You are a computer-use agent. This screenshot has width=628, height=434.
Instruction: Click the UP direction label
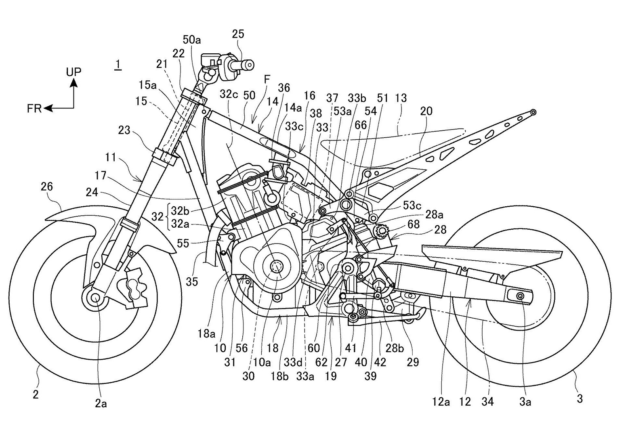[x=74, y=72]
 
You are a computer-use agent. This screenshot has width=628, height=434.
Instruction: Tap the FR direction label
[x=34, y=108]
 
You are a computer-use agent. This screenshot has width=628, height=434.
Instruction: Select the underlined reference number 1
[x=118, y=64]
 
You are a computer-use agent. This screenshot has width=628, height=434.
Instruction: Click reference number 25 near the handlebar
[x=238, y=34]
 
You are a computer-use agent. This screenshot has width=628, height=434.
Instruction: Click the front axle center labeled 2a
[x=96, y=298]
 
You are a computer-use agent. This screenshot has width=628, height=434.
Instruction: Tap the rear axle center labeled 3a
[x=520, y=297]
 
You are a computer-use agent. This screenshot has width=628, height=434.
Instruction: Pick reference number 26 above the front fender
[x=47, y=187]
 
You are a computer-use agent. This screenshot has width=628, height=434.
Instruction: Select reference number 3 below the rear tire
[x=580, y=399]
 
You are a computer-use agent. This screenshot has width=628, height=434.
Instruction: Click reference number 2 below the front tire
[x=36, y=394]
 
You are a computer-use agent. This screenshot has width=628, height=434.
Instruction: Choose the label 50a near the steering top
[x=192, y=40]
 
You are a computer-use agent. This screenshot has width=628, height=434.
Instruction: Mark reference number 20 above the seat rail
[x=426, y=111]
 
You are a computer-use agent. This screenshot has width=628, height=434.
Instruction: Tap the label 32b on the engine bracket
[x=180, y=210]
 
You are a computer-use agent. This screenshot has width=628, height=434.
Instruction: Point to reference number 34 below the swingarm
[x=487, y=401]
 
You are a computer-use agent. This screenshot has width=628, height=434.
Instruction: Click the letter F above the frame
[x=267, y=80]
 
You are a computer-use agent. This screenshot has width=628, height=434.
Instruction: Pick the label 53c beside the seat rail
[x=412, y=205]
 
